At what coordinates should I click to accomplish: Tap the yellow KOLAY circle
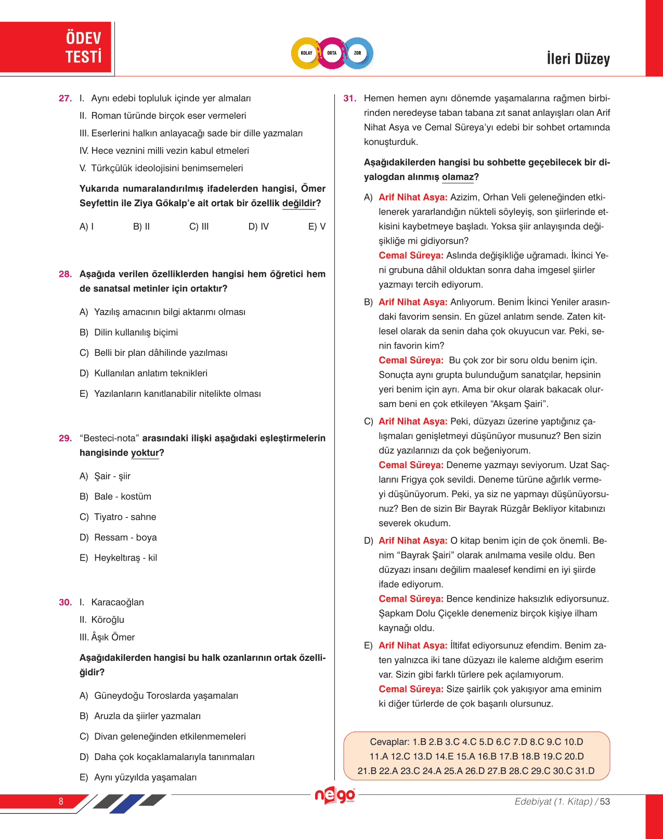click(306, 53)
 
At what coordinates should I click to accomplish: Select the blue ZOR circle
click(358, 53)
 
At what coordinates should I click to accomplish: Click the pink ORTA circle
click(332, 53)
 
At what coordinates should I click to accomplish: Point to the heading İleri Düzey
click(578, 59)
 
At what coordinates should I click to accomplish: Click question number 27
click(65, 98)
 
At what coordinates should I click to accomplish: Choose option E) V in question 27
click(317, 227)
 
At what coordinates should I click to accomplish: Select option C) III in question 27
click(199, 227)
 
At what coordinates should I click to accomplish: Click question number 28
click(65, 274)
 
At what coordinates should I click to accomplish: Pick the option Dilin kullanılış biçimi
click(136, 332)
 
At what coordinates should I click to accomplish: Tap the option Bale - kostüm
click(123, 497)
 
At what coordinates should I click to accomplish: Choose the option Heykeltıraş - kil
click(125, 558)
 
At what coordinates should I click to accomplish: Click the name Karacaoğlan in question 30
click(118, 602)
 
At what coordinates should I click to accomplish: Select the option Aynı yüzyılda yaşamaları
click(145, 777)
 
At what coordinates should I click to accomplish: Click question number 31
click(350, 98)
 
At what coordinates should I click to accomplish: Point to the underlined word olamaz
click(458, 177)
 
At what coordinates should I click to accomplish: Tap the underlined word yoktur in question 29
click(145, 453)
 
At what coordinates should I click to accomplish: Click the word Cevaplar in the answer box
click(389, 742)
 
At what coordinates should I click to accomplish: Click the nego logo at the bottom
click(335, 795)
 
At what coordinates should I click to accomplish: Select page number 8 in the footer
click(61, 801)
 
